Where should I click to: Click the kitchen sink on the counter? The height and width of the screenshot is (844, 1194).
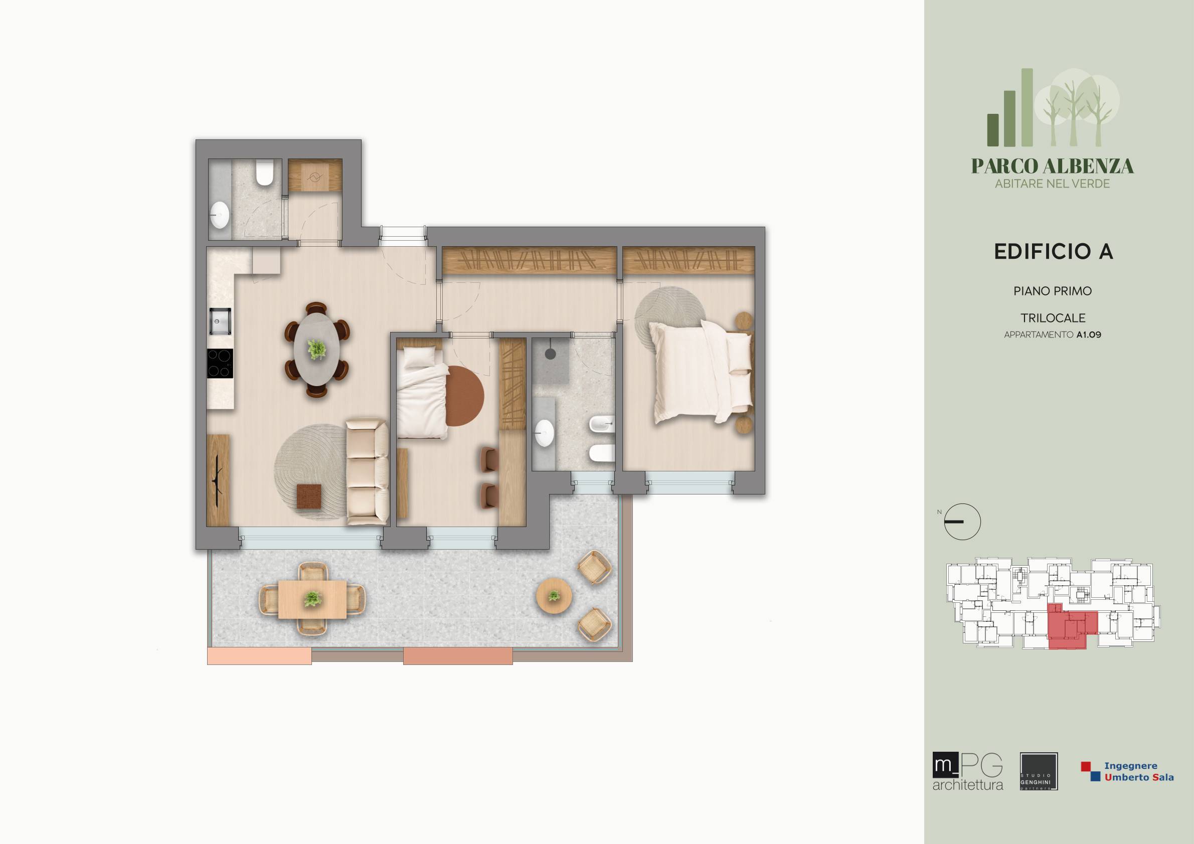click(220, 321)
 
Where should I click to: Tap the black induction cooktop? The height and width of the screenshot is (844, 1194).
click(220, 363)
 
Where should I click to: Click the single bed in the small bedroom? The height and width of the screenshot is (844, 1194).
click(422, 393)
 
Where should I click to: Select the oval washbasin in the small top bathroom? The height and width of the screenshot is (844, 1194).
click(220, 215)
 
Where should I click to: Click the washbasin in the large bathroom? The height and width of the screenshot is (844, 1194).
click(545, 433)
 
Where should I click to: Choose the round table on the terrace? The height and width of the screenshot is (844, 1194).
click(554, 595)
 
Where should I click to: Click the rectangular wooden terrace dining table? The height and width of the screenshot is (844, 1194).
click(312, 600)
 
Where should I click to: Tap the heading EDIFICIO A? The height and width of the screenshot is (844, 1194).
click(1053, 252)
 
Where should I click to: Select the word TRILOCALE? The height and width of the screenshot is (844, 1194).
click(1053, 318)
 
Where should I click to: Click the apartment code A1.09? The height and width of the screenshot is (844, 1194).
click(1088, 335)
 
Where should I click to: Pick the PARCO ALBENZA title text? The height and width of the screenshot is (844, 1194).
click(1053, 166)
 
